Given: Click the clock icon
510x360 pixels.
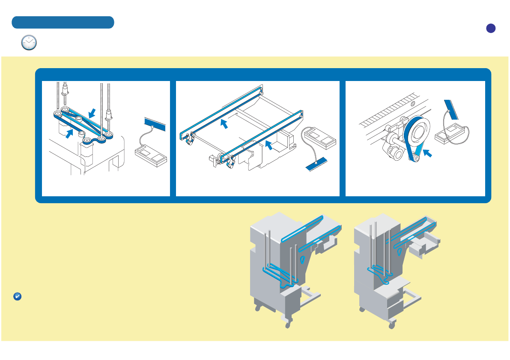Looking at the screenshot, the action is pyautogui.click(x=29, y=42).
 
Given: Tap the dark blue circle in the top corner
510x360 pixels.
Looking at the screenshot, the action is pyautogui.click(x=491, y=28).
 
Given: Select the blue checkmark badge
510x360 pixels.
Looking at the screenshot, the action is pyautogui.click(x=18, y=297).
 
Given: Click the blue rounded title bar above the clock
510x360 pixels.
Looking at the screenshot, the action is pyautogui.click(x=63, y=22).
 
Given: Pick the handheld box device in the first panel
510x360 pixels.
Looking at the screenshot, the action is pyautogui.click(x=150, y=156).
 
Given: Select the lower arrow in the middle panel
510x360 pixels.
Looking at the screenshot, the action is pyautogui.click(x=268, y=144).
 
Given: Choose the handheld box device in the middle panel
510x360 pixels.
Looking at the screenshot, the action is pyautogui.click(x=319, y=138).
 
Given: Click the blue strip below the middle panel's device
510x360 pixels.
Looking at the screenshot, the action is pyautogui.click(x=316, y=164).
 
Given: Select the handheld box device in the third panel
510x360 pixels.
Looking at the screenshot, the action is pyautogui.click(x=451, y=135).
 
